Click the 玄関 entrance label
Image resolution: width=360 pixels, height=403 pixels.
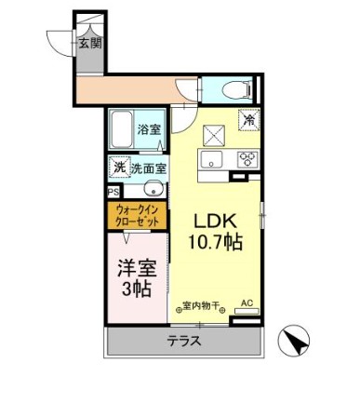point(89,43)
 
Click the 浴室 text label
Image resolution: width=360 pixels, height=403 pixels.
point(149,130)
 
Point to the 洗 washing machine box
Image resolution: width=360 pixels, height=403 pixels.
point(119,168)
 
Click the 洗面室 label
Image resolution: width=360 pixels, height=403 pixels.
point(149,169)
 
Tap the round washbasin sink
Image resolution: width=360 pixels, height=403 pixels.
point(153,192)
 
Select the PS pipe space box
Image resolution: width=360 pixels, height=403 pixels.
point(113,192)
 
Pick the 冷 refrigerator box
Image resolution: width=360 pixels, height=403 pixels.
point(249,120)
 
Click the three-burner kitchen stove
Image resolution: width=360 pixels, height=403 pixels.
point(247,157)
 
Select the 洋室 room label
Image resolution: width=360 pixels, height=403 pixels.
point(136,267)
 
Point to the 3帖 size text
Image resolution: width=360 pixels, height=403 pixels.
point(136,289)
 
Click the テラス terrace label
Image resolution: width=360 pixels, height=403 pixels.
point(184,341)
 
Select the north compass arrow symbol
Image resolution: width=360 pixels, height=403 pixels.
point(296,342)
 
